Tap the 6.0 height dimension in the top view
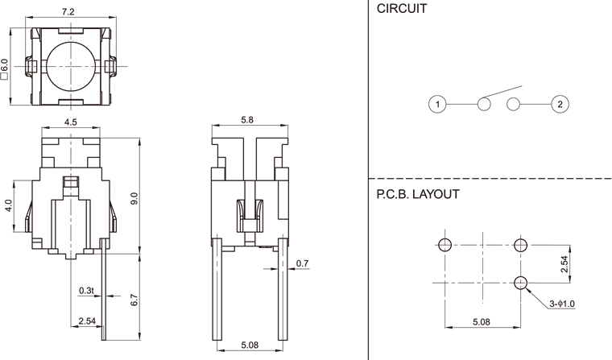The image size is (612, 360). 6,65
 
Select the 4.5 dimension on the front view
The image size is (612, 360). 71,123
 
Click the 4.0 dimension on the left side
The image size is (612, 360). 9,206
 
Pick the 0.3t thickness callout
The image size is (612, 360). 86,290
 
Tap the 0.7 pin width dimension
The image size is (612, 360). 302,263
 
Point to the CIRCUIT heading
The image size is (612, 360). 402,10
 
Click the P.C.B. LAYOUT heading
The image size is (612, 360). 418,194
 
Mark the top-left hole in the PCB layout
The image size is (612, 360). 445,244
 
